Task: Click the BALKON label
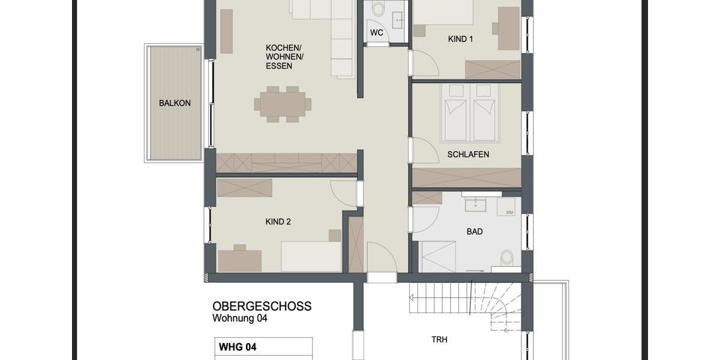(x=175, y=103)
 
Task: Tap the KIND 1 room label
(x=460, y=39)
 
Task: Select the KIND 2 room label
(x=278, y=221)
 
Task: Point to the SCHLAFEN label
(x=468, y=154)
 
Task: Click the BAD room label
(x=475, y=231)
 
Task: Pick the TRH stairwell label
(x=439, y=339)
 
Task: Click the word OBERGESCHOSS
(x=262, y=307)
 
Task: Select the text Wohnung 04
(x=239, y=319)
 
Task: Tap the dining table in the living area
(x=283, y=104)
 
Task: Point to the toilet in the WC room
(x=379, y=9)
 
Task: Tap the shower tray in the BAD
(x=437, y=257)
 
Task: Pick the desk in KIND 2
(x=239, y=260)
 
